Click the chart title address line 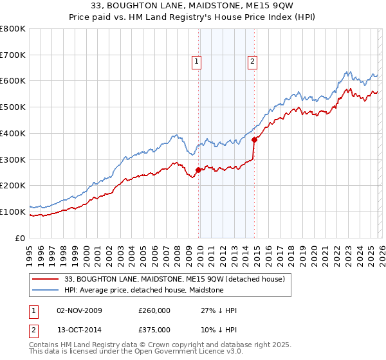(192, 6)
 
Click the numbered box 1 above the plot (196, 62)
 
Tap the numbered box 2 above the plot (252, 62)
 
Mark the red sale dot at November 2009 (198, 170)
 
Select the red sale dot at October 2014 (255, 139)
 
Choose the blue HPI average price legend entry (143, 290)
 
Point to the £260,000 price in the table (154, 310)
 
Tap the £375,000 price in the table (154, 329)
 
